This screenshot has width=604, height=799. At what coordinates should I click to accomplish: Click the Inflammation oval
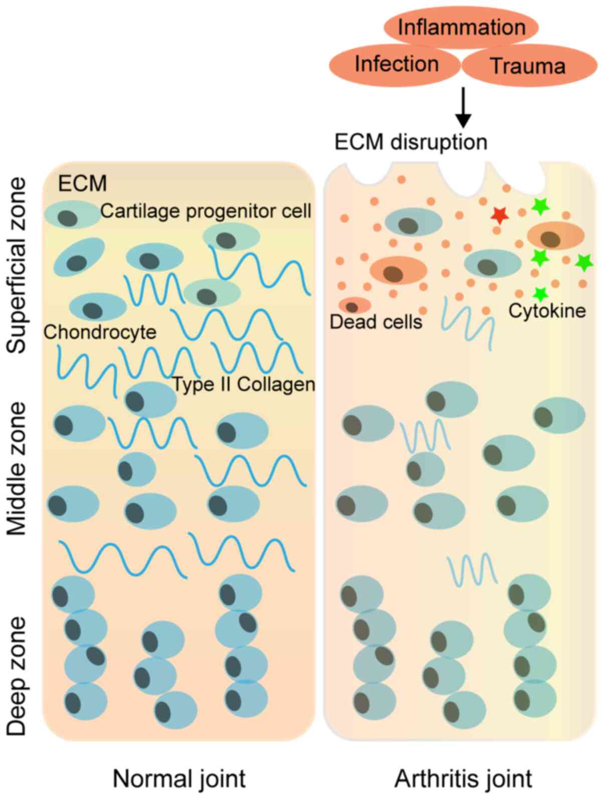[x=461, y=27]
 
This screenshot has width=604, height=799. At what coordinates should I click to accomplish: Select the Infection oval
[x=396, y=64]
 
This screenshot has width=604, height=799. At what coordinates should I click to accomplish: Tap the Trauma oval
[x=528, y=66]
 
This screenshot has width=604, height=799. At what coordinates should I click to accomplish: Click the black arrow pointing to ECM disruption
[x=463, y=107]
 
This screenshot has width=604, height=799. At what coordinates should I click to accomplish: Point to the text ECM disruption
[x=411, y=142]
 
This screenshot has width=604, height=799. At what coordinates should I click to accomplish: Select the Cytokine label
[x=547, y=311]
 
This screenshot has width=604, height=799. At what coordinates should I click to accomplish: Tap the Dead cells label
[x=376, y=321]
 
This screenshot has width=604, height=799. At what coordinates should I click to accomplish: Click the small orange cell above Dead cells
[x=354, y=305]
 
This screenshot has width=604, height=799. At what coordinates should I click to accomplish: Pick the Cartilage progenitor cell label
[x=206, y=211]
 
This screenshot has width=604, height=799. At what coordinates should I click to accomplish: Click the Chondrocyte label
[x=100, y=332]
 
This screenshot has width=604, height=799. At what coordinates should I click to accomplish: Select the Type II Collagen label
[x=244, y=384]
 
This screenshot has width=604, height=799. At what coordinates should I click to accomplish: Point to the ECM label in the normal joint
[x=83, y=183]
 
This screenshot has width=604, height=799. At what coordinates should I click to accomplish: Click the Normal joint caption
[x=179, y=779]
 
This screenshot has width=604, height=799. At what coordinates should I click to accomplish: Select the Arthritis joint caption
[x=463, y=779]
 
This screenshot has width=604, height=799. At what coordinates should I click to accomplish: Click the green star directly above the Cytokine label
[x=540, y=293]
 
